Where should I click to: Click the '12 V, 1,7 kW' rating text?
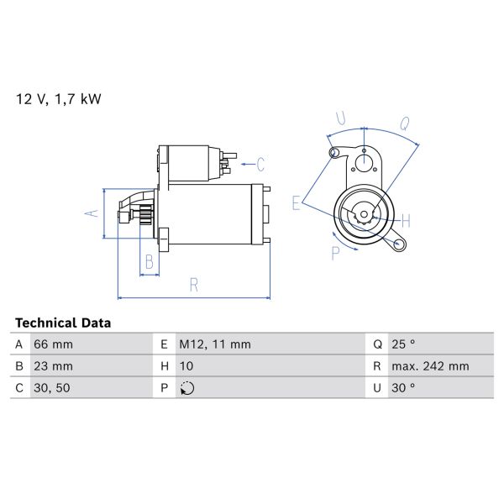coord(59,99)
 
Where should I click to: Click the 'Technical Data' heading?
coord(63,323)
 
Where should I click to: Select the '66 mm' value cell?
coord(53,344)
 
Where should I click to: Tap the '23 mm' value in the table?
coord(53,366)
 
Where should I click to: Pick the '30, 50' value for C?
coord(52,388)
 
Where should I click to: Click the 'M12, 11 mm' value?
coord(214,344)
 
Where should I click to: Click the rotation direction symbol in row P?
coord(186,388)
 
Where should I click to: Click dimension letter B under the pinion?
coord(149,262)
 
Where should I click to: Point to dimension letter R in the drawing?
coord(193,286)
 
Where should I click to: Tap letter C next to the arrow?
coord(260,163)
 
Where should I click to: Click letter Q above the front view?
coord(404,123)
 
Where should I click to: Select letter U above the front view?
coord(340,118)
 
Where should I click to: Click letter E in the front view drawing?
coord(297,202)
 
